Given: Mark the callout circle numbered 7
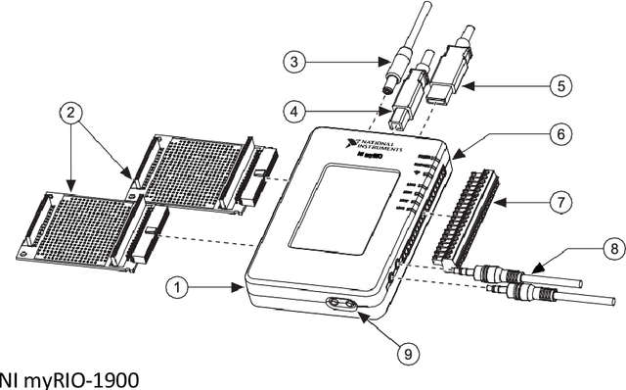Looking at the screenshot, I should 559,204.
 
